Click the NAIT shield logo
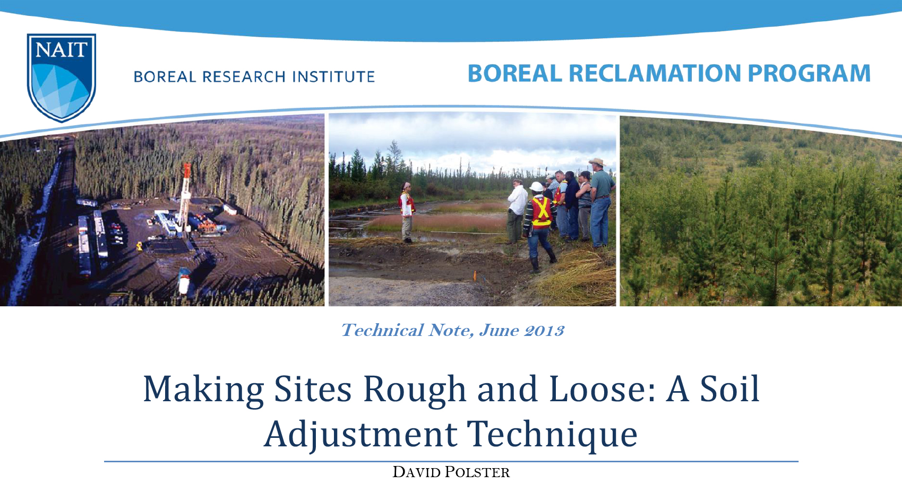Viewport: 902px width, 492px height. pyautogui.click(x=62, y=77)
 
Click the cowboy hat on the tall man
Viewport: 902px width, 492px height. pyautogui.click(x=597, y=161)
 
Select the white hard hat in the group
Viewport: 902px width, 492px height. pyautogui.click(x=537, y=187)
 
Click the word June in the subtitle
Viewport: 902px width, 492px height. pyautogui.click(x=499, y=331)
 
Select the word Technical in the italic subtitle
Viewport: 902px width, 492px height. pyautogui.click(x=382, y=331)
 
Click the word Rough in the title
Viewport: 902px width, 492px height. pyautogui.click(x=414, y=390)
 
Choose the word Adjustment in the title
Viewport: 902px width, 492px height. pyautogui.click(x=360, y=434)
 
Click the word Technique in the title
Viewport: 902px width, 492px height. pyautogui.click(x=552, y=434)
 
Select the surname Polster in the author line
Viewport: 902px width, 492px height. pyautogui.click(x=477, y=472)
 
